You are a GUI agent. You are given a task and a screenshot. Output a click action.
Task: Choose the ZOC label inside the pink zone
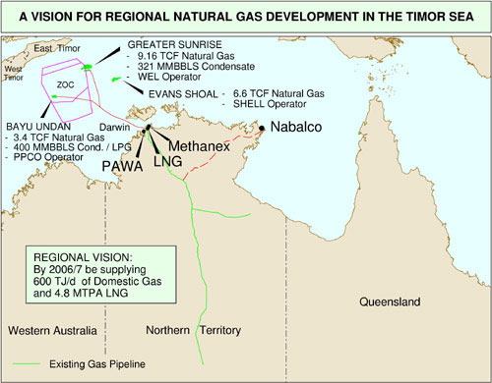66,84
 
